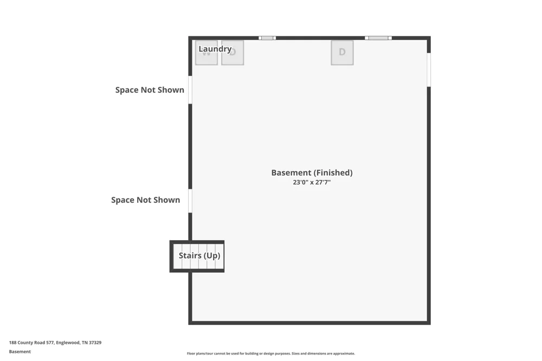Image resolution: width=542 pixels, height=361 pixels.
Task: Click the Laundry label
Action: (x=215, y=49)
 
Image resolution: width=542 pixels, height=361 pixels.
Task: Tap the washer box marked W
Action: (x=207, y=53)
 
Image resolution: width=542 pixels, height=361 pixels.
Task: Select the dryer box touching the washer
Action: (x=233, y=53)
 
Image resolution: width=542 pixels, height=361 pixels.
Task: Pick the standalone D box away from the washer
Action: (x=342, y=53)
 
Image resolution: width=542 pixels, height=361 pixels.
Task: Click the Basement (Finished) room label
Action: (x=312, y=172)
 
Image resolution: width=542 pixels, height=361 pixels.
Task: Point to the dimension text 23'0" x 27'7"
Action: (x=312, y=182)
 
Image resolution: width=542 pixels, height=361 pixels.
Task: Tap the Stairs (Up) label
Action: (x=199, y=255)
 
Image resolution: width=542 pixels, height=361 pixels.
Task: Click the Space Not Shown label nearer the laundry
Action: (x=150, y=90)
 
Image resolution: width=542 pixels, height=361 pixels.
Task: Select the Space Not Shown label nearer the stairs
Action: (x=145, y=200)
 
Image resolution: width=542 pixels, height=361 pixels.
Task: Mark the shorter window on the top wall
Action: (x=267, y=38)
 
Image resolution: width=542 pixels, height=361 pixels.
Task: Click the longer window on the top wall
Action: (x=378, y=38)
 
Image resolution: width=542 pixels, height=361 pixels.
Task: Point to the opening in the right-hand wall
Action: (x=429, y=70)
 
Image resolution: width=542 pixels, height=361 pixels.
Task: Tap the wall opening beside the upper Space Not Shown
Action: (x=190, y=90)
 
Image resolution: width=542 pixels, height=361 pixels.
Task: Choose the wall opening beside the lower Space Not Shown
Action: (x=190, y=201)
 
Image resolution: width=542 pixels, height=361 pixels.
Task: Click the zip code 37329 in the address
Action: (x=95, y=343)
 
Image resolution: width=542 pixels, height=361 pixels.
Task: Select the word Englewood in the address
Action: (x=68, y=343)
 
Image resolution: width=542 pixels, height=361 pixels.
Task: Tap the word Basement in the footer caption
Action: (x=20, y=352)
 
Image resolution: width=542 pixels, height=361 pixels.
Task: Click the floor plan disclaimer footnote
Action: (x=271, y=353)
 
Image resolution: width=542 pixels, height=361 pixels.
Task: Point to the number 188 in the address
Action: (x=12, y=343)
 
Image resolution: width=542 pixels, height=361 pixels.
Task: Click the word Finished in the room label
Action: (x=333, y=172)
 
